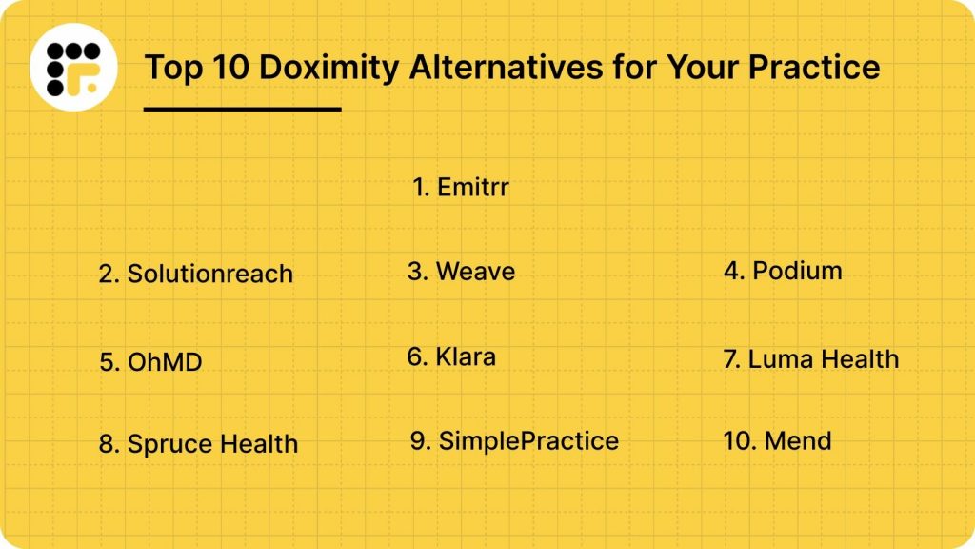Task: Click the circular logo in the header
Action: pyautogui.click(x=73, y=67)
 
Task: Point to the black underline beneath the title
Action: pyautogui.click(x=242, y=109)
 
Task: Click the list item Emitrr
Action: pyautogui.click(x=462, y=187)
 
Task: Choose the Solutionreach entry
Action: pyautogui.click(x=196, y=274)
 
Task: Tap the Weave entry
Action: pyautogui.click(x=462, y=271)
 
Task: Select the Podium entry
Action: pyautogui.click(x=783, y=270)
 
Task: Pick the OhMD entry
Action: pyautogui.click(x=151, y=362)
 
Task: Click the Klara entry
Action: pyautogui.click(x=451, y=356)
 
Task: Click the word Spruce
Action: pyautogui.click(x=170, y=444)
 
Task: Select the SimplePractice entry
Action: pyautogui.click(x=515, y=440)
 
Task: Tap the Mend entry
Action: pyautogui.click(x=778, y=440)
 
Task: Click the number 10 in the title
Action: pyautogui.click(x=226, y=68)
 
